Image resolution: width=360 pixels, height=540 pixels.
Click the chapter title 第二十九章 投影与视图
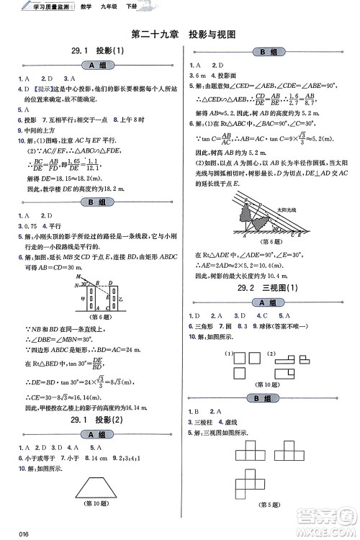coord(184,34)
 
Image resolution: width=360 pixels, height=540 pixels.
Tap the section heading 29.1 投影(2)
coord(94,420)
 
